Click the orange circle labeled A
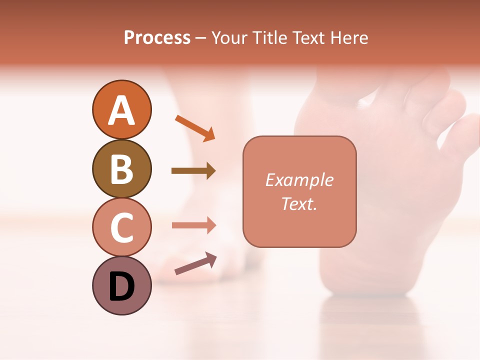click(121, 109)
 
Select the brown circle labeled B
click(121, 168)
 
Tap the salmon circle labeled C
click(121, 227)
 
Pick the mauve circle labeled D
click(121, 285)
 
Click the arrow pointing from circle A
click(195, 127)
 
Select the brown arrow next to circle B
click(193, 171)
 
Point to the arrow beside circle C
click(193, 225)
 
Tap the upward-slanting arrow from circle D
click(195, 263)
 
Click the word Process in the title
click(157, 38)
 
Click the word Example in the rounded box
click(299, 180)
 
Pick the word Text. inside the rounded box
click(299, 203)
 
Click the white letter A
click(121, 110)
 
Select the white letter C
click(121, 227)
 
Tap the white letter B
click(121, 169)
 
